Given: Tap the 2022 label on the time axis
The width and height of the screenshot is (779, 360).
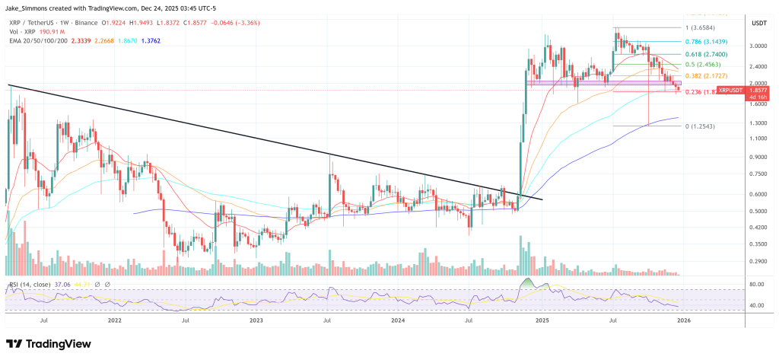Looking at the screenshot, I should pyautogui.click(x=115, y=321).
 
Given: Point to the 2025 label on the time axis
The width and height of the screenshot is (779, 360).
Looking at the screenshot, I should pyautogui.click(x=542, y=321).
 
